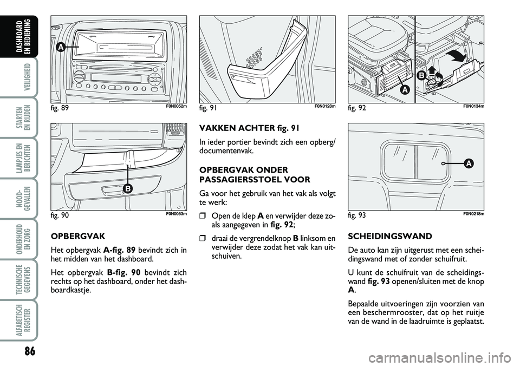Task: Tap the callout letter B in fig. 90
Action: [x=128, y=188]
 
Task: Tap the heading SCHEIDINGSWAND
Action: [x=382, y=237]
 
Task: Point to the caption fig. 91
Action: [x=209, y=108]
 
